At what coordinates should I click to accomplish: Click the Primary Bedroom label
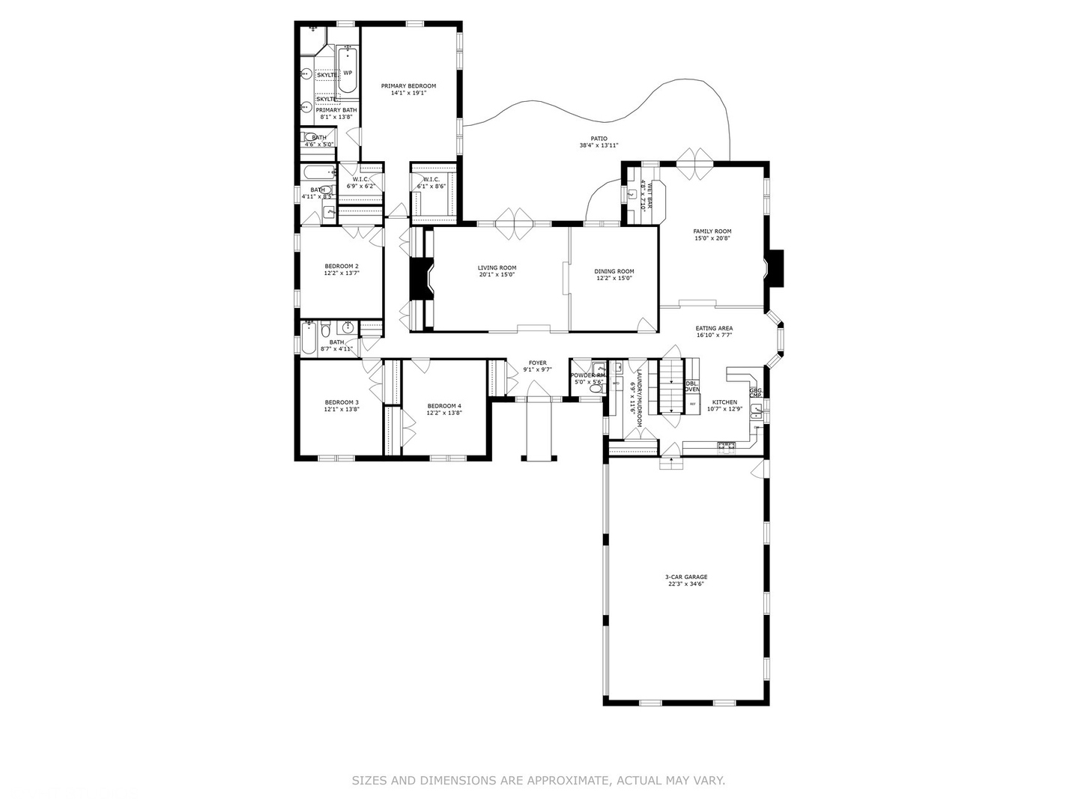(x=408, y=86)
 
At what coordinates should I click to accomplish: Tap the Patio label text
(x=599, y=139)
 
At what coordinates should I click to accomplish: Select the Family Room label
(x=712, y=231)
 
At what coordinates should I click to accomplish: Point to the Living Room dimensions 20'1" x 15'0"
(x=497, y=275)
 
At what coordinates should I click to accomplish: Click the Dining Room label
(x=614, y=271)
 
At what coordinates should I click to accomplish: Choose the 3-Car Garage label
(x=686, y=577)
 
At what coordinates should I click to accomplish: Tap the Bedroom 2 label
(x=342, y=266)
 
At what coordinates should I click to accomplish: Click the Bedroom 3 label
(x=342, y=403)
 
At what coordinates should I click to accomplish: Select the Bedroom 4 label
(x=444, y=405)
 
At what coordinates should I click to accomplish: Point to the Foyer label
(x=537, y=363)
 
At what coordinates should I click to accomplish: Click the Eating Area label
(x=714, y=328)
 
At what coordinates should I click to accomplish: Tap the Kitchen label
(x=724, y=402)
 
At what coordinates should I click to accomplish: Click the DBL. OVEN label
(x=692, y=387)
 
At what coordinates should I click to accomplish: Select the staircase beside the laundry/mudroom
(x=670, y=387)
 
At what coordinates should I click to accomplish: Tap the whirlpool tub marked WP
(x=347, y=73)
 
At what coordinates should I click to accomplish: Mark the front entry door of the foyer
(x=538, y=391)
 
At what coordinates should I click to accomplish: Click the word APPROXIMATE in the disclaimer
(x=569, y=781)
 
